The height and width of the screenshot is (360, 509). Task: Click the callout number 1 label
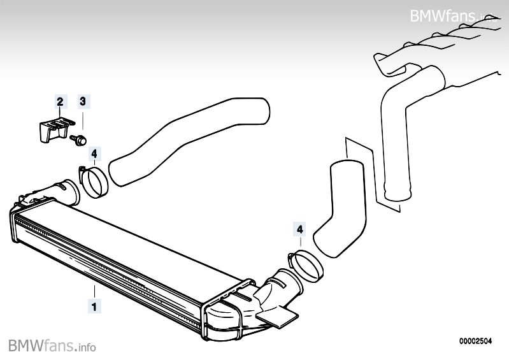[94, 306]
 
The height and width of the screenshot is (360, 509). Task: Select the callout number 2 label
[60, 101]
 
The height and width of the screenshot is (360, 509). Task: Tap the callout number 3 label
[83, 101]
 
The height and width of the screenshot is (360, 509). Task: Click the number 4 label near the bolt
[94, 154]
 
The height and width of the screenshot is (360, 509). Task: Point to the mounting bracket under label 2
[50, 129]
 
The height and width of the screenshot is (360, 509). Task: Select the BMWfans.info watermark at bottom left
[52, 346]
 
